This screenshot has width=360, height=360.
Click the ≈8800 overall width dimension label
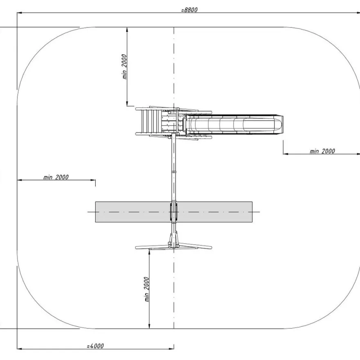[x=189, y=10]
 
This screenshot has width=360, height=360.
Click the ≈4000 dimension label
[x=95, y=346]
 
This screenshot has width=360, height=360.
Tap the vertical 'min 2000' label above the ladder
[x=124, y=67]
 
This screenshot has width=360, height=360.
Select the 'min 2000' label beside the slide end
[x=322, y=151]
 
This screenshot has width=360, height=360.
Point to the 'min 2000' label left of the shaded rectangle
[x=56, y=177]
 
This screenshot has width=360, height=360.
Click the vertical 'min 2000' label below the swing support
[x=147, y=289]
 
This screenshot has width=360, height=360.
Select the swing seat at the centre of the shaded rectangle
[x=174, y=211]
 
